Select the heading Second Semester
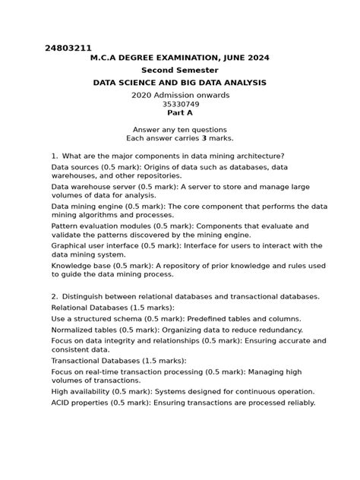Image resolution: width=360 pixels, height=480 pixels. click(180, 69)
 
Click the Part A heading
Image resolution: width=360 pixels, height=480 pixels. click(180, 112)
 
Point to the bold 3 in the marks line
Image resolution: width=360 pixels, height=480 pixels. click(183, 138)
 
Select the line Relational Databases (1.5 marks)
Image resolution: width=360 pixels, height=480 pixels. click(112, 307)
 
